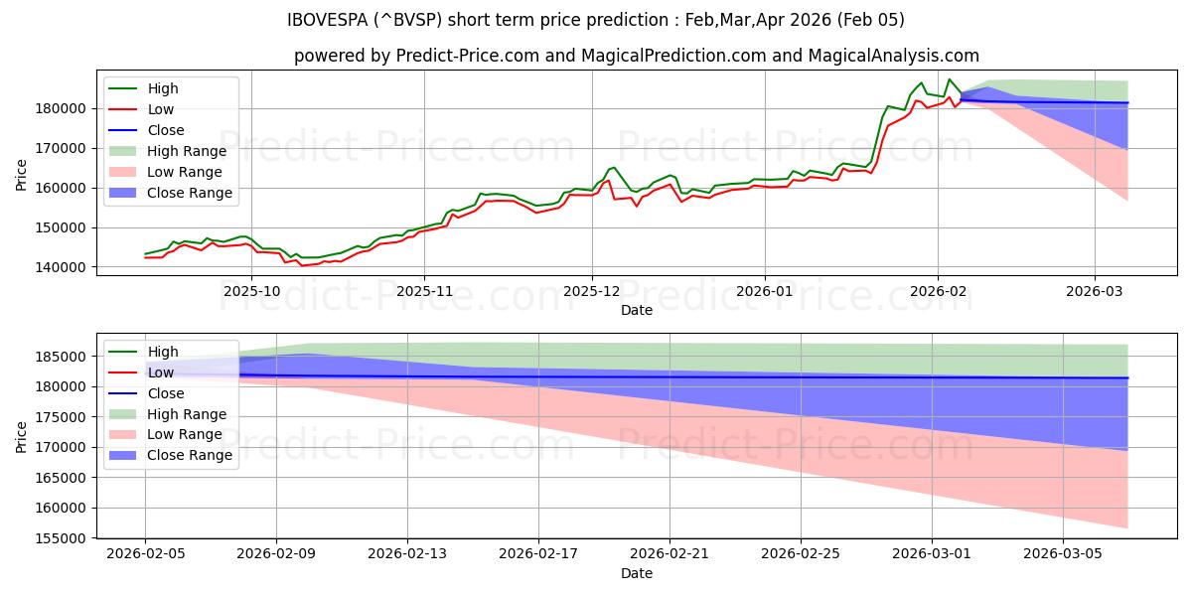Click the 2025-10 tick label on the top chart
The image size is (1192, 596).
coord(251,291)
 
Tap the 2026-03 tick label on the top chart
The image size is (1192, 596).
coord(1095,291)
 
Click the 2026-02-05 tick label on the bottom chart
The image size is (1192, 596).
coord(145,554)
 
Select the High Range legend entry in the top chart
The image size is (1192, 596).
coord(186,151)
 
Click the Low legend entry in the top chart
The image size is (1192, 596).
coord(162,109)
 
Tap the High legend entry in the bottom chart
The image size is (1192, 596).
coord(163,352)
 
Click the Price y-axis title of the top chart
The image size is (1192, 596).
coord(21,175)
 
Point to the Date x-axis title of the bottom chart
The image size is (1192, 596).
coord(637,573)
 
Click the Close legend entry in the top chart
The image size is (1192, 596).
coord(165,130)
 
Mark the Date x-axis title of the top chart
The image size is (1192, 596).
coord(637,310)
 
